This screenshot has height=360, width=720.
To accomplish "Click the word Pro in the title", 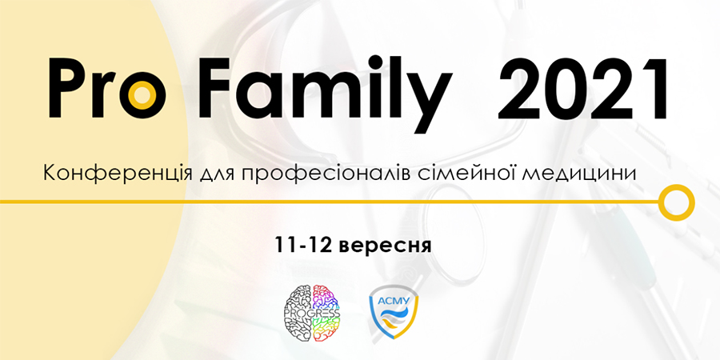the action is click(107, 89).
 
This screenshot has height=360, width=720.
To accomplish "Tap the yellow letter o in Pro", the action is click(144, 97).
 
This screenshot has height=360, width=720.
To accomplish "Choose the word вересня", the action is click(385, 246).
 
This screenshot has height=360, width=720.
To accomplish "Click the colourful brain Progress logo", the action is click(312, 314).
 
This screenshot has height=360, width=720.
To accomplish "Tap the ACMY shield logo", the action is click(394, 313).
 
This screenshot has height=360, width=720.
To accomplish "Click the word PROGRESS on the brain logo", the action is click(312, 314).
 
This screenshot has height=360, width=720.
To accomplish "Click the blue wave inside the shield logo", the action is click(394, 314).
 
